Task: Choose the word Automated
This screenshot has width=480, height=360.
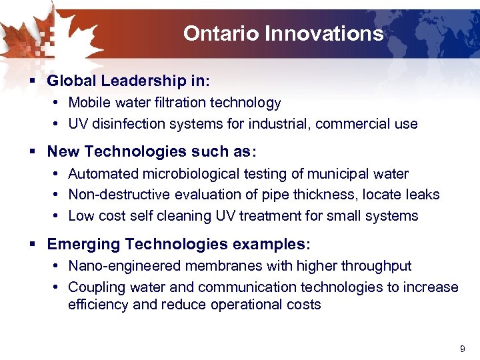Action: click(x=99, y=173)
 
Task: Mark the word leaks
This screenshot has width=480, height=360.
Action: click(x=423, y=194)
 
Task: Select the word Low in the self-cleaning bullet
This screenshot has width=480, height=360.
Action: click(x=81, y=215)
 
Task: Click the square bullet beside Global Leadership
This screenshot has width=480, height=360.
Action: click(x=32, y=81)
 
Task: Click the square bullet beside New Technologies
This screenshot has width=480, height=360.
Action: click(x=32, y=152)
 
